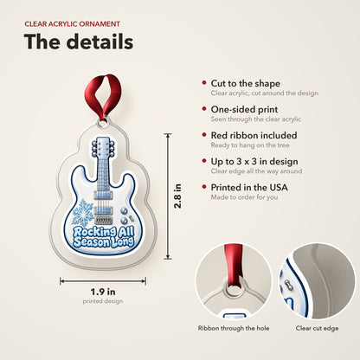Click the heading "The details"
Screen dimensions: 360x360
tap(79, 42)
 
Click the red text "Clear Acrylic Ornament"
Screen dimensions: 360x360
tap(72, 24)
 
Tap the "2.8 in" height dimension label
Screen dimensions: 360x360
tap(178, 196)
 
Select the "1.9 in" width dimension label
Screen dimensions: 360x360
tap(103, 292)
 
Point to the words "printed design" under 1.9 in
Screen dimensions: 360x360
tap(103, 301)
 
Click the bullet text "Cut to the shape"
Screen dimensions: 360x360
tap(246, 83)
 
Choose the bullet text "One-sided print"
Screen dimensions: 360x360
tap(244, 109)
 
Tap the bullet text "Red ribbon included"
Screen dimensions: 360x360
tap(254, 135)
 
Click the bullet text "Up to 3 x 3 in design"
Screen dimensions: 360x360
tap(254, 162)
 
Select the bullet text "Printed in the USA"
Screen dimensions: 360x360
tap(249, 188)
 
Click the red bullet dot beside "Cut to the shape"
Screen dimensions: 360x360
tap(204, 83)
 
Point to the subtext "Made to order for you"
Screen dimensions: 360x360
tap(244, 197)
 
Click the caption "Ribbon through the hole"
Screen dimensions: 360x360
tap(234, 328)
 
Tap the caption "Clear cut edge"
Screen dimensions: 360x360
tap(317, 328)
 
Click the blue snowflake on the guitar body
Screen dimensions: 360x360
tap(82, 212)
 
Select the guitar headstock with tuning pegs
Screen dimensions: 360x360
tap(103, 148)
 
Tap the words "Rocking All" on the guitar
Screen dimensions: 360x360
tap(104, 232)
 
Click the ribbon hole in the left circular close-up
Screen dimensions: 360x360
tap(233, 288)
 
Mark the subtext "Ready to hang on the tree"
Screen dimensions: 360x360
tap(250, 145)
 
